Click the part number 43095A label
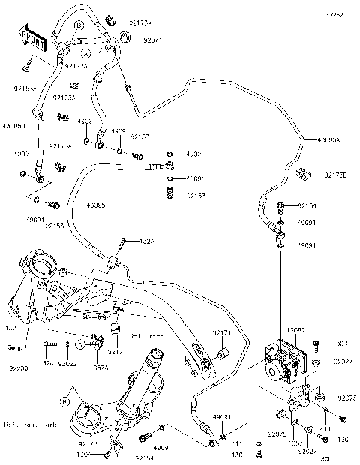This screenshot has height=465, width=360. [328, 140]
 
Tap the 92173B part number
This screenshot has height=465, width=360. [335, 175]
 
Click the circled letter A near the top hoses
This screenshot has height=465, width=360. [86, 54]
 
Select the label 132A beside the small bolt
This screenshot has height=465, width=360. [147, 241]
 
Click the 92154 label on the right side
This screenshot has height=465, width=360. [307, 205]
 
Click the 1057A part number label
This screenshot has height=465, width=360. [99, 367]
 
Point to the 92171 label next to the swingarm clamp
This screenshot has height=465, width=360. [222, 331]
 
